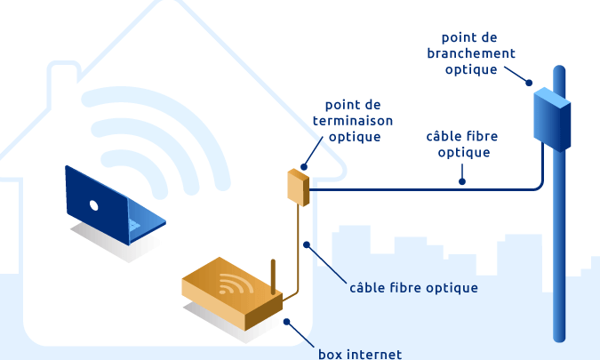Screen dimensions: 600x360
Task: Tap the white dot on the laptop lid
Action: (x=93, y=205)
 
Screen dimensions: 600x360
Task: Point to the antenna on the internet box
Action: (x=273, y=277)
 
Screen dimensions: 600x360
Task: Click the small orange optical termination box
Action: (x=298, y=188)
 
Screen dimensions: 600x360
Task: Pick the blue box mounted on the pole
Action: (x=552, y=119)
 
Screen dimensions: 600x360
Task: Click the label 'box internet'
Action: (x=360, y=354)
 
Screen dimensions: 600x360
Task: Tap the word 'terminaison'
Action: (x=353, y=121)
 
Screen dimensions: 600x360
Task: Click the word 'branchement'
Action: (x=471, y=53)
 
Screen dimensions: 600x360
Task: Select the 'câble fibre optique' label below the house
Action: (x=413, y=288)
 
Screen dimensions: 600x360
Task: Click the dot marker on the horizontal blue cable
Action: (x=462, y=181)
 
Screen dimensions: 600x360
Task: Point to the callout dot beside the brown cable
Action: (x=307, y=244)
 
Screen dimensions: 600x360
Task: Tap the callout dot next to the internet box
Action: (x=286, y=322)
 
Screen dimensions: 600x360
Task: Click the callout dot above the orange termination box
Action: (x=304, y=167)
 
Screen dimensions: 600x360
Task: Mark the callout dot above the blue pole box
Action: (x=529, y=83)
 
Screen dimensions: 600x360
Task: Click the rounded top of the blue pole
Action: (x=559, y=69)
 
